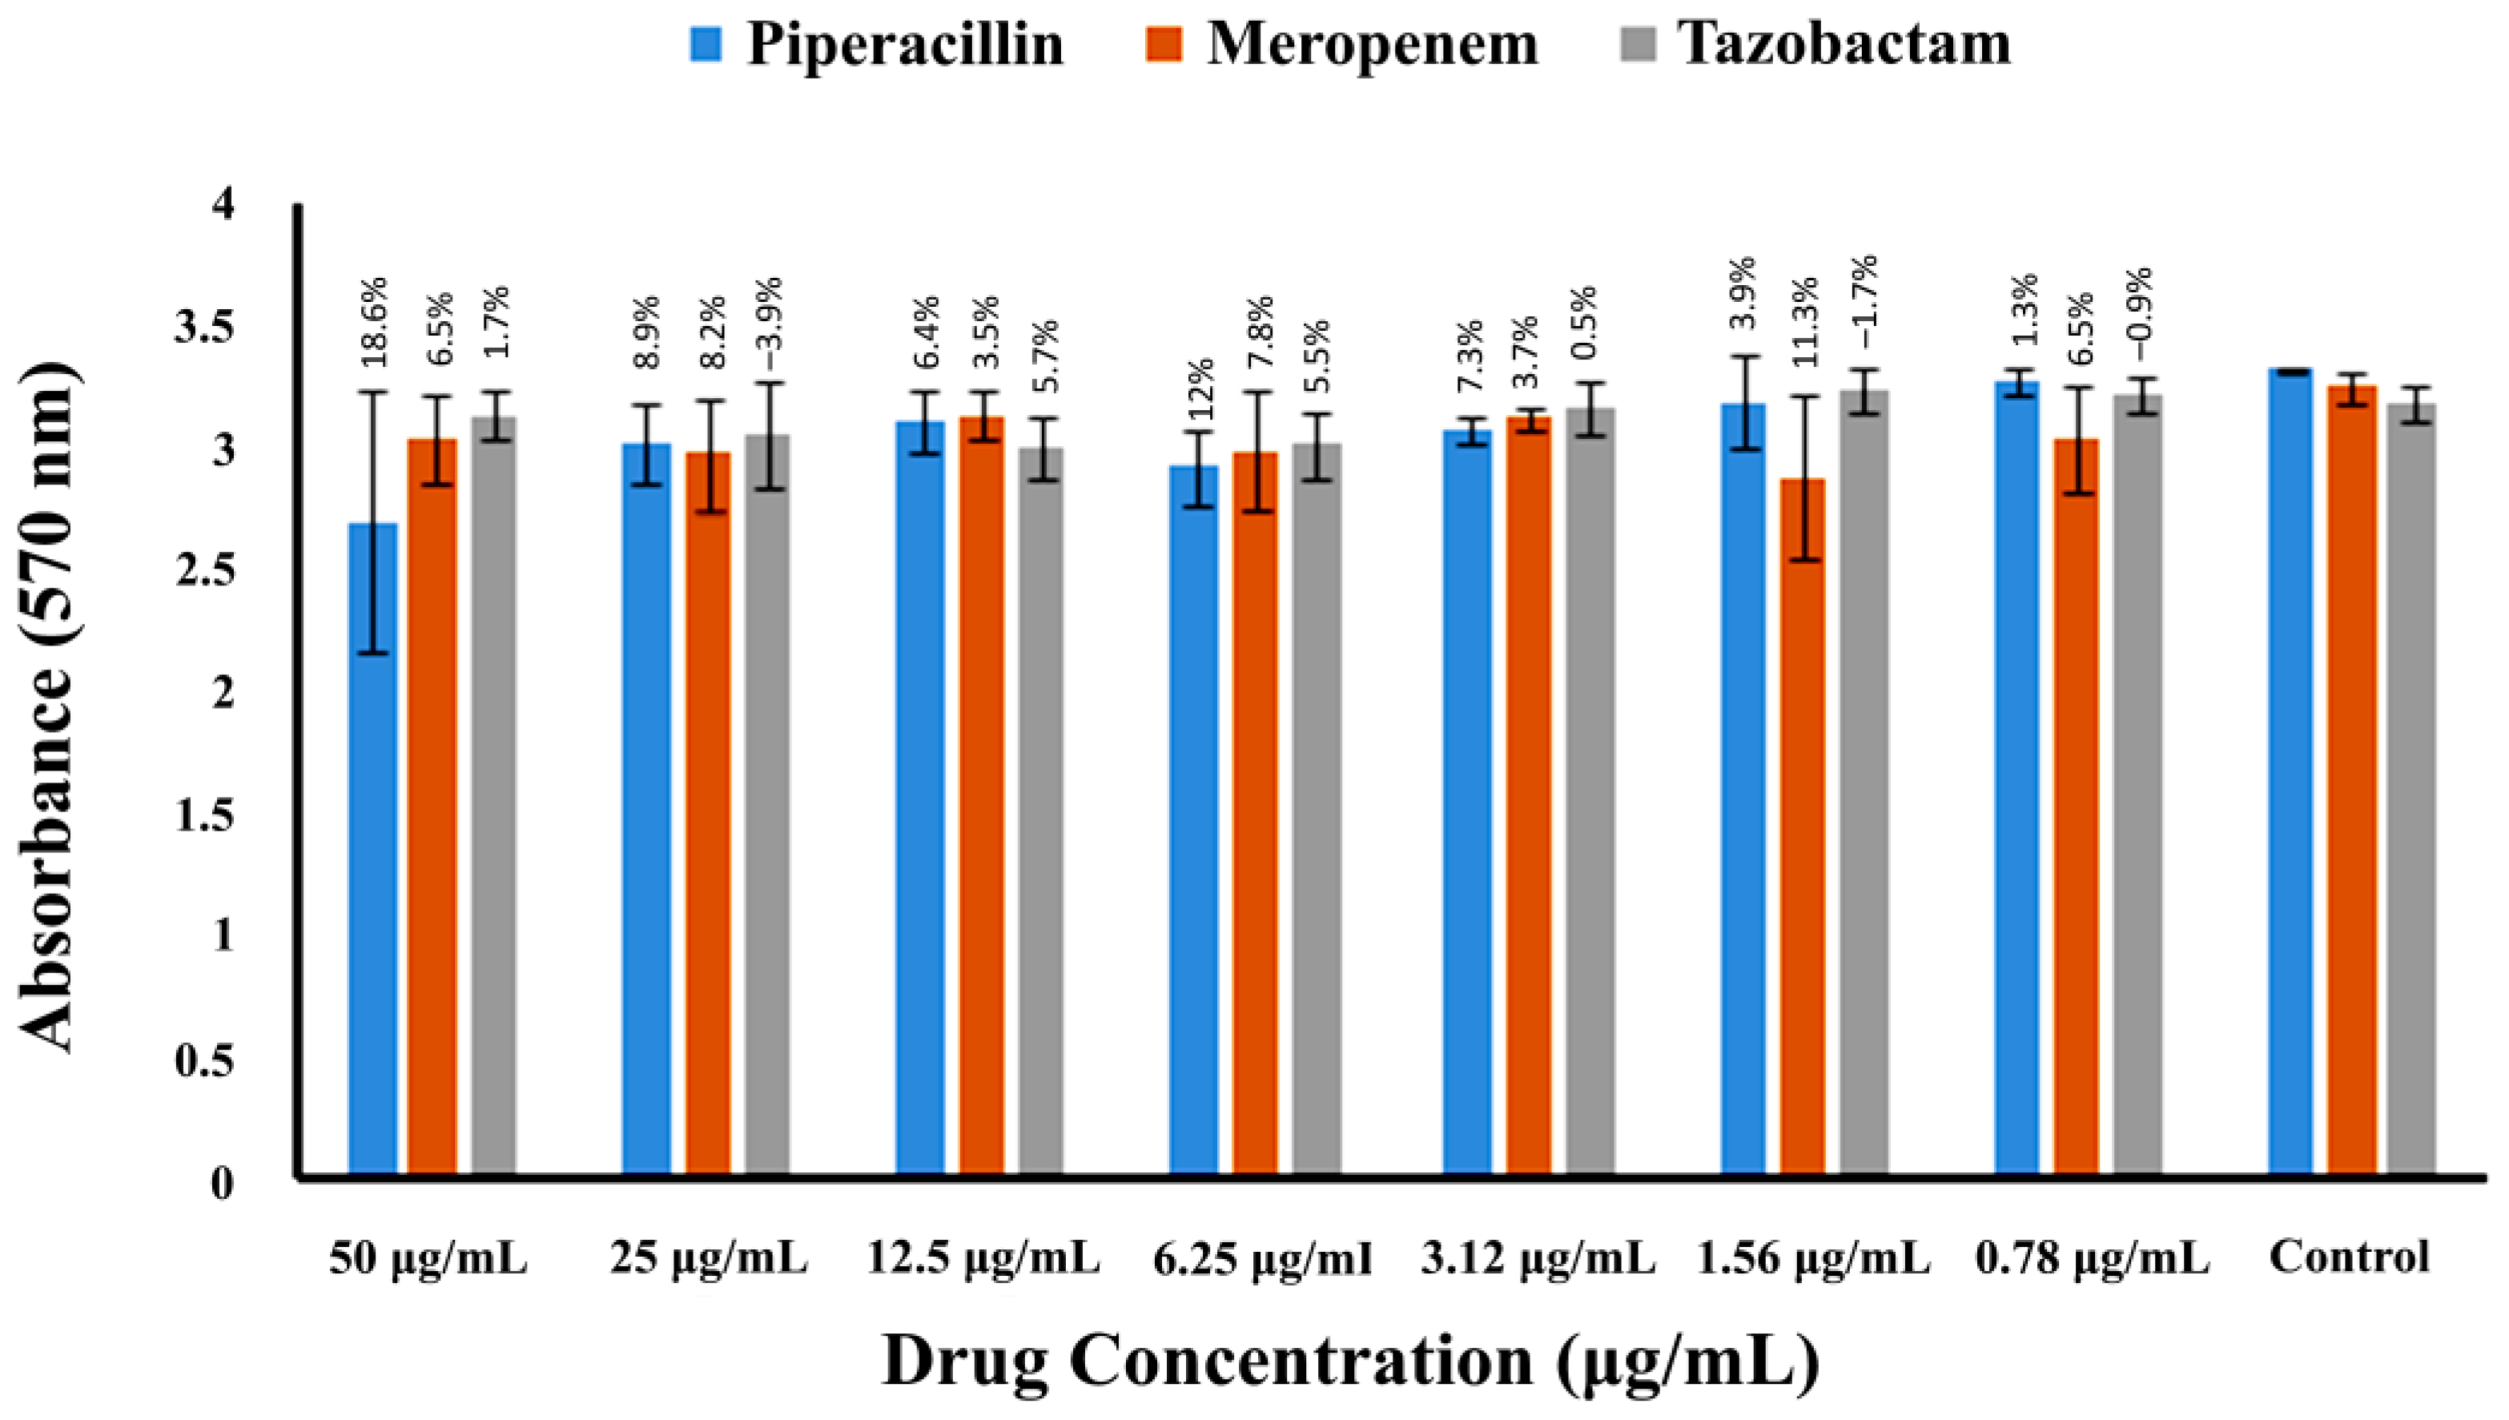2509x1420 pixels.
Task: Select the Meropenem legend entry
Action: (1341, 44)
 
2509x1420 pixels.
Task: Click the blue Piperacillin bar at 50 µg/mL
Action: (372, 848)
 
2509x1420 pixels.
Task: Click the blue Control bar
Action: (2290, 770)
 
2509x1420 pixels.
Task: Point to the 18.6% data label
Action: (376, 322)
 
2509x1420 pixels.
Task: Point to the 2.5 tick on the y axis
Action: (205, 570)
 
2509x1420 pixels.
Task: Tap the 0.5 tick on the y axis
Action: (205, 1061)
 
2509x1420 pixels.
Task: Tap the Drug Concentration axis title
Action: (1350, 1362)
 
